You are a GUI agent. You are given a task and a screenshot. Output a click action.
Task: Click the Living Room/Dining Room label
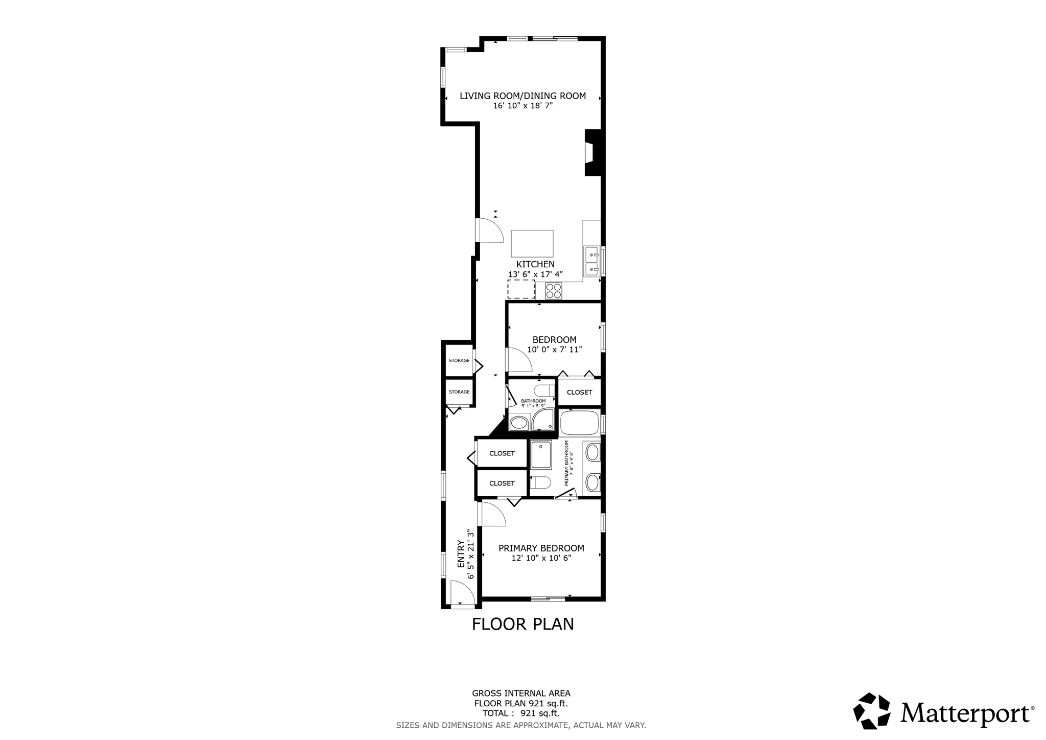coord(522,96)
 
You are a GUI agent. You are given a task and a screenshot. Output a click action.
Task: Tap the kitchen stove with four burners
coord(553,291)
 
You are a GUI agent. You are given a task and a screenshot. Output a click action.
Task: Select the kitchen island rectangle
coord(532,243)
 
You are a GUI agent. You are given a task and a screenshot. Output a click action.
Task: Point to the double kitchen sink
coord(592,261)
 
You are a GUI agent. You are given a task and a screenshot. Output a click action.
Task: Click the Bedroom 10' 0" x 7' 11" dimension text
coord(554,350)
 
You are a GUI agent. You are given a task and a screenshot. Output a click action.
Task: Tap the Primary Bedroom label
coord(541,548)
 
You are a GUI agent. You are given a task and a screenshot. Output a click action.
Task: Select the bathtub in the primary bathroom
coord(579,423)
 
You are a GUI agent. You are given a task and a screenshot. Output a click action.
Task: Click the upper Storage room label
coord(459,360)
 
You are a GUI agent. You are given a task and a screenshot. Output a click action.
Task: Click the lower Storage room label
coord(459,392)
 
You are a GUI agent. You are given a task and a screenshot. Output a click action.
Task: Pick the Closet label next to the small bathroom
coord(579,392)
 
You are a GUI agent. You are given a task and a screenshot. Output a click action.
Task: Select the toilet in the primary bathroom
coord(540,482)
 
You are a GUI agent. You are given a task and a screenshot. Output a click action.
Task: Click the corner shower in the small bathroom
coord(543,420)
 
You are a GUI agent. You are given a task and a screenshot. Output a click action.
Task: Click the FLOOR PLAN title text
coord(522,624)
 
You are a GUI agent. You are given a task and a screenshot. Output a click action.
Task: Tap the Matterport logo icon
coord(871,711)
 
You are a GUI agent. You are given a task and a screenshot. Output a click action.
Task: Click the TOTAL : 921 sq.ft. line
coord(520,713)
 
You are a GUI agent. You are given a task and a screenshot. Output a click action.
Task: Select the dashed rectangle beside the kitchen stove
coord(521,289)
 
